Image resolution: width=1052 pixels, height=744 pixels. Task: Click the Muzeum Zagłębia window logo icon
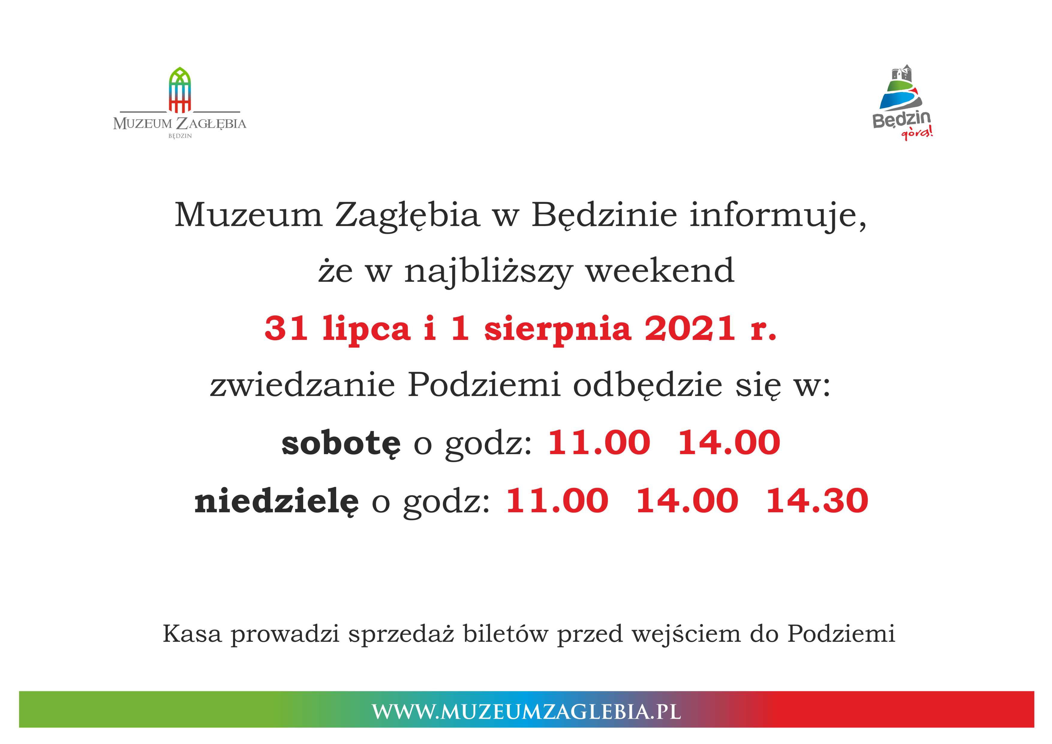pos(180,90)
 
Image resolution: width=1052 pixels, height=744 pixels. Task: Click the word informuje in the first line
pos(778,215)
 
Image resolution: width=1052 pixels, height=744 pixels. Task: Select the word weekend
pos(660,271)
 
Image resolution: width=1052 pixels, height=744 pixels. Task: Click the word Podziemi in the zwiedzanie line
pos(484,385)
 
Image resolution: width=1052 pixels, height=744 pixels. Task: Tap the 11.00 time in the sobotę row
pos(599,442)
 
